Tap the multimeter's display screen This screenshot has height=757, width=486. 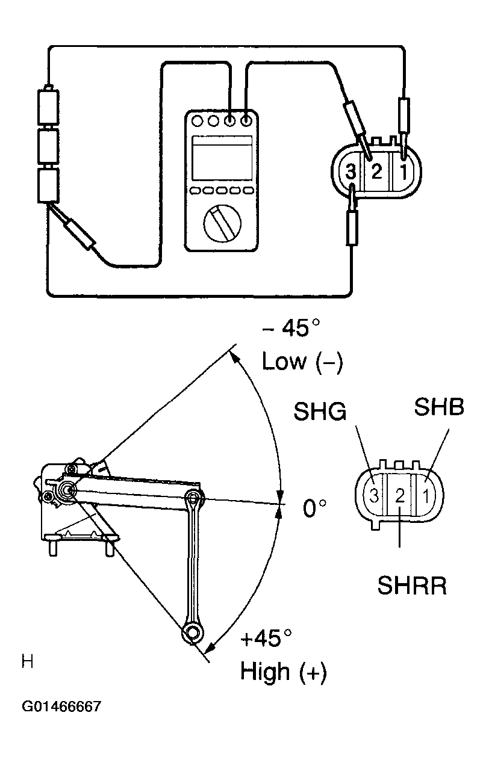coord(221,158)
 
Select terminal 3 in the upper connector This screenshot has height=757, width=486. coord(351,174)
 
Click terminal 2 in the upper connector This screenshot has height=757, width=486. coord(376,173)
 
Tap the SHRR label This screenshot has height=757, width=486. coord(412,586)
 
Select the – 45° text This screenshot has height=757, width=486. coord(291,330)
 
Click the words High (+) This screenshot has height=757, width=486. coord(283,672)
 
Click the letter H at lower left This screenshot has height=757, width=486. coord(27,663)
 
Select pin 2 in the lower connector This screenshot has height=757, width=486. coord(399,496)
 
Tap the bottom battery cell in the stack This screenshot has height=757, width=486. coord(48,185)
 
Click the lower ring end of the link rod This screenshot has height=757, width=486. coord(193,633)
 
